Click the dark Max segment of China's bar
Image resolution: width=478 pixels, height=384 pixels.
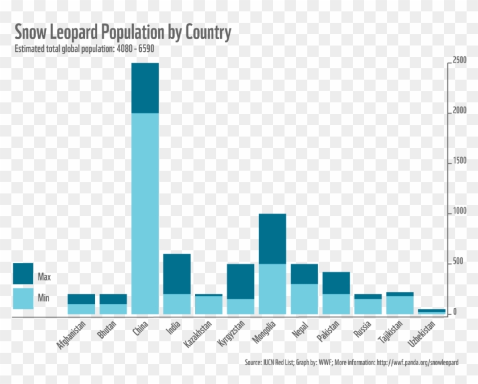[x=145, y=88]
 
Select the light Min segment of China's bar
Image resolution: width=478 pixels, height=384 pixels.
[x=145, y=213]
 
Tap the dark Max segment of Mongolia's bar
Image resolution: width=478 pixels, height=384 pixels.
[x=273, y=239]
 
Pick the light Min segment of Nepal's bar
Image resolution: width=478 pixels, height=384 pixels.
[x=304, y=299]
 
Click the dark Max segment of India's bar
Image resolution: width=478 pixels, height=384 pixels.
[x=177, y=274]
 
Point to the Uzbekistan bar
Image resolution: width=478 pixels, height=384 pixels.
[x=432, y=311]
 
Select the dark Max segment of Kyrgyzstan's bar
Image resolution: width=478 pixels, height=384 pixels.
[x=241, y=281]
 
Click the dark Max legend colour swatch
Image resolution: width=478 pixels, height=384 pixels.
[x=23, y=273]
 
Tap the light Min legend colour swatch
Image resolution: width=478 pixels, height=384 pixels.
[x=23, y=298]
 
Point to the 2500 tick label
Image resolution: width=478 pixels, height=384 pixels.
[x=460, y=61]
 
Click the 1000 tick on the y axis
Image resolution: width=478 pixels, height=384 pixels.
[x=460, y=212]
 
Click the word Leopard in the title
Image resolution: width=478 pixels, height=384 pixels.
[x=72, y=32]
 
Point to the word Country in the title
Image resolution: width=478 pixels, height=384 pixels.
[x=207, y=32]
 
